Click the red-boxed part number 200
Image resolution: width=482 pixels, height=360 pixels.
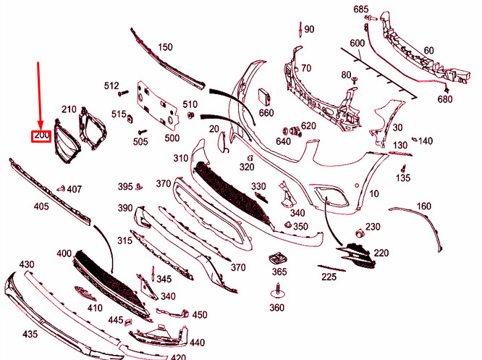pos(41,136)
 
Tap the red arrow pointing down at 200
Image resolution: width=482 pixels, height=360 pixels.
pos(39,96)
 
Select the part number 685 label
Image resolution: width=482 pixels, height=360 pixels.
pos(360,9)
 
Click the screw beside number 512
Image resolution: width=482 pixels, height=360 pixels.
pos(123,93)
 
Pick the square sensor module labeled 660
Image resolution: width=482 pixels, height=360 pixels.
pos(264,96)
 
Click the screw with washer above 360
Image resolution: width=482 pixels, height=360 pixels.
pos(278,291)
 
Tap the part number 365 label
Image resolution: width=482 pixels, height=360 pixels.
pos(279,272)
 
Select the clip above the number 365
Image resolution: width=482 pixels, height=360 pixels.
pos(278,258)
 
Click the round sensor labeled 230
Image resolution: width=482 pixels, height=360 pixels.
pos(359,233)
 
